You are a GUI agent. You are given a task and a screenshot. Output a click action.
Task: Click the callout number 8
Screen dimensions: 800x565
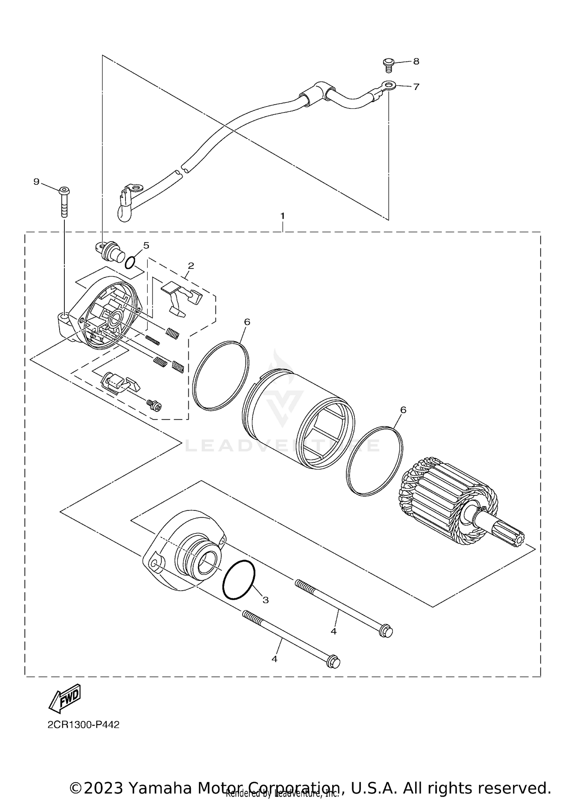pyautogui.click(x=416, y=61)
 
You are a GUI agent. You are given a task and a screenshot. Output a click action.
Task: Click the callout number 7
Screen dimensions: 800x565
pyautogui.click(x=416, y=87)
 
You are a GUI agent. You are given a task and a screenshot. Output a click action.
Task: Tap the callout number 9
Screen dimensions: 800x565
pyautogui.click(x=36, y=182)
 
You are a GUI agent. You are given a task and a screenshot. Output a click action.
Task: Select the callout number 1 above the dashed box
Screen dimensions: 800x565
pyautogui.click(x=282, y=216)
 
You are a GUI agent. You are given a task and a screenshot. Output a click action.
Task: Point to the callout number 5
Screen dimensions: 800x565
pyautogui.click(x=146, y=245)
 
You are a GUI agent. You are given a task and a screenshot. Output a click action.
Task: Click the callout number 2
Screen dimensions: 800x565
pyautogui.click(x=191, y=265)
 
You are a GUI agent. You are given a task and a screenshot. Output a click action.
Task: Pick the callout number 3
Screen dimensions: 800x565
pyautogui.click(x=266, y=600)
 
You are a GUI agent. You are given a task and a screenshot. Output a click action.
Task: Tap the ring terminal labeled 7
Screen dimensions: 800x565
pyautogui.click(x=387, y=85)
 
